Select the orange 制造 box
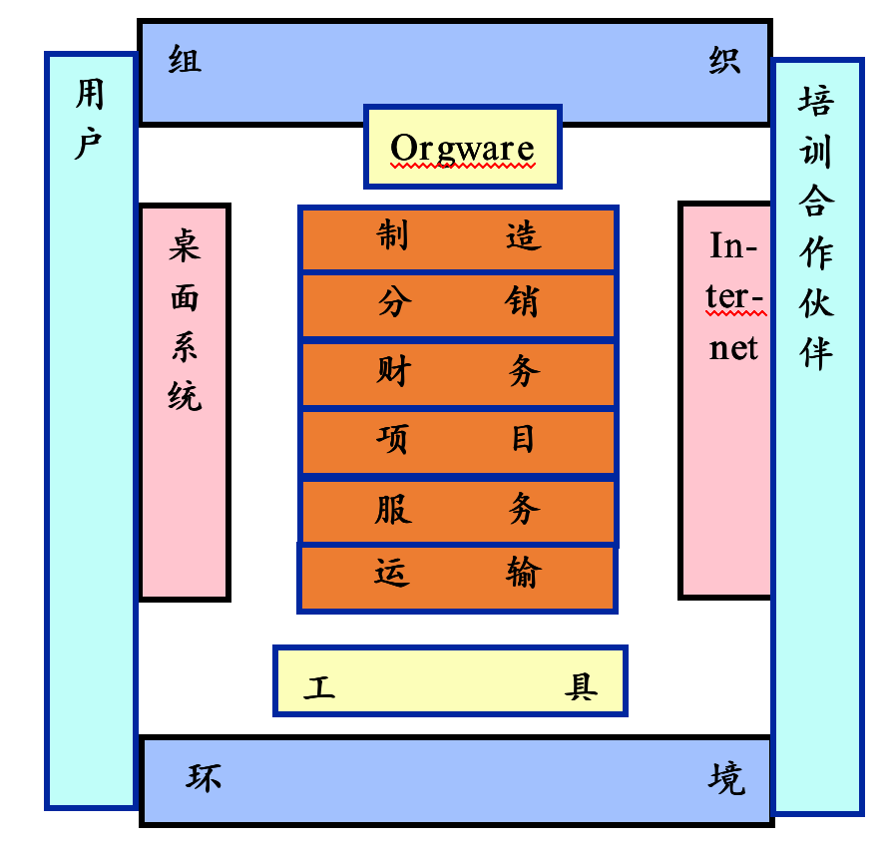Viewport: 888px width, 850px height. pyautogui.click(x=458, y=237)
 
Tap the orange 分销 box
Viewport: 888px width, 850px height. pyautogui.click(x=458, y=303)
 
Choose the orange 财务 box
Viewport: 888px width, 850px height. pyautogui.click(x=458, y=373)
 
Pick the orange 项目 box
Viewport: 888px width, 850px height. pyautogui.click(x=458, y=440)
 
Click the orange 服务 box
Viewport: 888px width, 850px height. pyautogui.click(x=458, y=510)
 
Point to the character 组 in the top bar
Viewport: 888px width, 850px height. pyautogui.click(x=185, y=61)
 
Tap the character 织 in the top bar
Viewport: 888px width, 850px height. pyautogui.click(x=724, y=61)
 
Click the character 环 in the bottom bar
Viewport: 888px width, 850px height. pyautogui.click(x=204, y=778)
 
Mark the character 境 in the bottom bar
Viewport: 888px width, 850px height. pyautogui.click(x=726, y=778)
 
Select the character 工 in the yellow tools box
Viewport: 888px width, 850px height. pyautogui.click(x=320, y=687)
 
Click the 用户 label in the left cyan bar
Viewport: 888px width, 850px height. pyautogui.click(x=90, y=121)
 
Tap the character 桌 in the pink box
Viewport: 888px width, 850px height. pyautogui.click(x=185, y=245)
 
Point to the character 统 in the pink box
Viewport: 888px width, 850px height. pyautogui.click(x=185, y=395)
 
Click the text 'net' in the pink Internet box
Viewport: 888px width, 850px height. pyautogui.click(x=733, y=348)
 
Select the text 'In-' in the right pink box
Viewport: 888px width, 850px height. pyautogui.click(x=733, y=245)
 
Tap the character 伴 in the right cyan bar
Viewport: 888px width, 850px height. pyautogui.click(x=816, y=351)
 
